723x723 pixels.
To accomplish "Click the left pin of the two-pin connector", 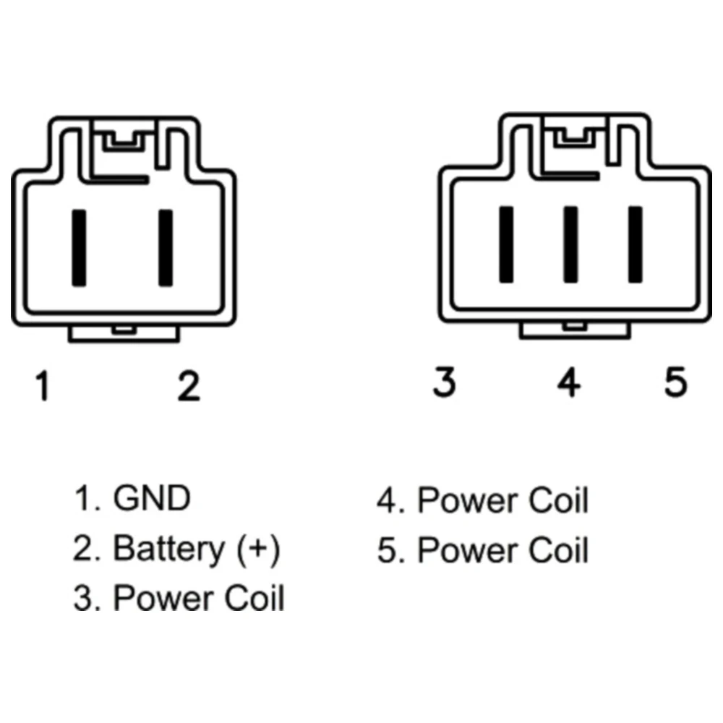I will pos(79,247).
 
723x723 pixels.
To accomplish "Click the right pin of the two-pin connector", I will pos(166,247).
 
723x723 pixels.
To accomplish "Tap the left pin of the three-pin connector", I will pos(506,244).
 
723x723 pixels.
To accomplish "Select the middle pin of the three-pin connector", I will pos(570,244).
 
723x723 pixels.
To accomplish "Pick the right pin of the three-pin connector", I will pos(636,244).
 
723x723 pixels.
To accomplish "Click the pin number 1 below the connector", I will pos(44,386).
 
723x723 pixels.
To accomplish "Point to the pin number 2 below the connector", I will pos(189,386).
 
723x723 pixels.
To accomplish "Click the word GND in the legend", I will pos(152,499).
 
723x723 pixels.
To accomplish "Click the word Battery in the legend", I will pos(168,549).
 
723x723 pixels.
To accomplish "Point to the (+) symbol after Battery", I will pos(258,549).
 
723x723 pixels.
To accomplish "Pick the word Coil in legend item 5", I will pos(557,550).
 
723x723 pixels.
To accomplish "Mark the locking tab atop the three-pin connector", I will pos(576,135).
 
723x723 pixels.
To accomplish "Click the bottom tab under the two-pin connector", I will pos(124,333).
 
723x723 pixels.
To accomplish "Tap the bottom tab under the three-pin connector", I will pos(575,330).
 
